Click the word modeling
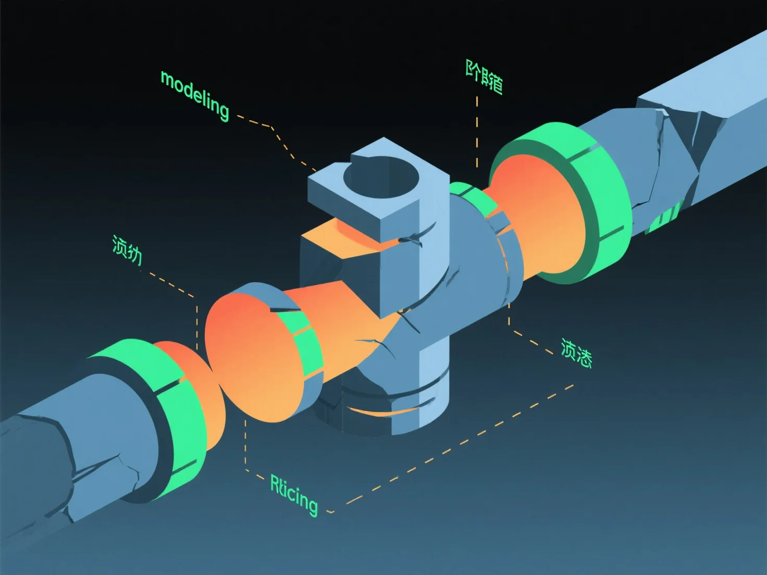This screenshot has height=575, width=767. point(195,96)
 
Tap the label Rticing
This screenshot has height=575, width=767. point(293,495)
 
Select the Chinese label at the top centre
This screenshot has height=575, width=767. point(484,77)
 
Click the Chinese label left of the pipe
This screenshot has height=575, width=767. point(127,250)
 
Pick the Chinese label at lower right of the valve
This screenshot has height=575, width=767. point(576,353)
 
